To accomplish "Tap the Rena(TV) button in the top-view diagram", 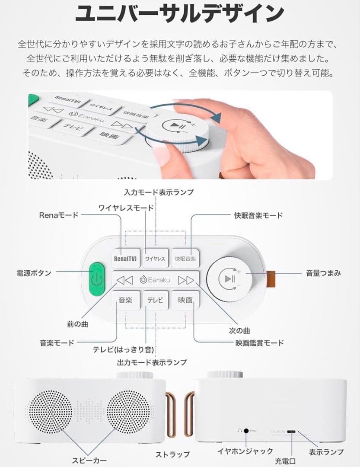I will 125,259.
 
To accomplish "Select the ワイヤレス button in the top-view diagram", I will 155,259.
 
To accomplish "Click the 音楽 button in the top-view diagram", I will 125,300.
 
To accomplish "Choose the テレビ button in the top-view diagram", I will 155,300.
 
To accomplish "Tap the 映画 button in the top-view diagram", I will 185,300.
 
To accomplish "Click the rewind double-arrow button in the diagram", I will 124,280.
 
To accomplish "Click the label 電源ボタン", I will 34,273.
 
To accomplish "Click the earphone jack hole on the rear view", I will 247,431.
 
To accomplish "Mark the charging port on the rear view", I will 292,432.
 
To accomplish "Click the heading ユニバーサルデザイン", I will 179,14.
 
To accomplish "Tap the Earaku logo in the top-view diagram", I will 155,280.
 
